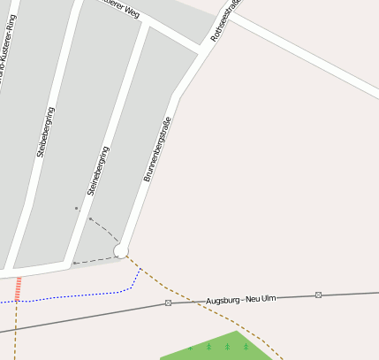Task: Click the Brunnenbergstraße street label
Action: coord(156,143)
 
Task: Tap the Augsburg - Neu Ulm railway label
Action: coord(240,300)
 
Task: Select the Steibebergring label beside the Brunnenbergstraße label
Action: coord(97,171)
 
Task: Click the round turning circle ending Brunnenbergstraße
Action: coord(121,251)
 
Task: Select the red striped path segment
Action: coord(18,287)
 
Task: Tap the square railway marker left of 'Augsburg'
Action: coord(167,303)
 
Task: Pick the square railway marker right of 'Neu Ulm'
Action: coord(318,295)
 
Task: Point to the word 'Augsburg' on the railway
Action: coord(223,301)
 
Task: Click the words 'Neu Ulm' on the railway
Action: coord(262,298)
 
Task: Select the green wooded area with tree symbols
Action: coord(225,348)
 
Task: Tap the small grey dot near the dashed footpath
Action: coord(77,209)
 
